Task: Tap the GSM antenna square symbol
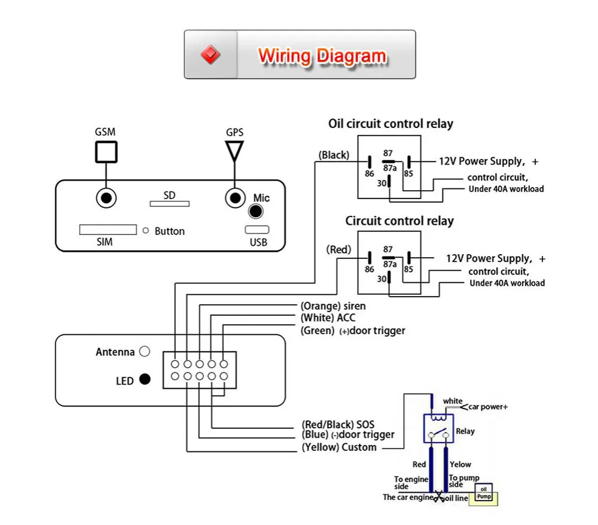click(x=106, y=152)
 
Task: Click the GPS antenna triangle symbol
click(x=234, y=150)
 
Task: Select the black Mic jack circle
click(x=257, y=211)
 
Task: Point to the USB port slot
click(x=257, y=230)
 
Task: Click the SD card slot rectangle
click(x=169, y=204)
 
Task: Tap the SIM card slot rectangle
click(x=108, y=230)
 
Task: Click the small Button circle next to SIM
click(x=145, y=230)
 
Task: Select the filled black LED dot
click(x=144, y=379)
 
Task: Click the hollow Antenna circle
click(x=144, y=352)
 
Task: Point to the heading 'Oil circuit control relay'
click(x=390, y=124)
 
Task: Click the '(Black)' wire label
click(x=334, y=155)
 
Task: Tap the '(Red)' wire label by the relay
click(x=339, y=249)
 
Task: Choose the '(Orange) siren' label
click(x=333, y=306)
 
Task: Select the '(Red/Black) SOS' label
click(x=338, y=425)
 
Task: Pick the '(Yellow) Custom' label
click(x=339, y=447)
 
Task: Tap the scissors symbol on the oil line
click(x=440, y=496)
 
